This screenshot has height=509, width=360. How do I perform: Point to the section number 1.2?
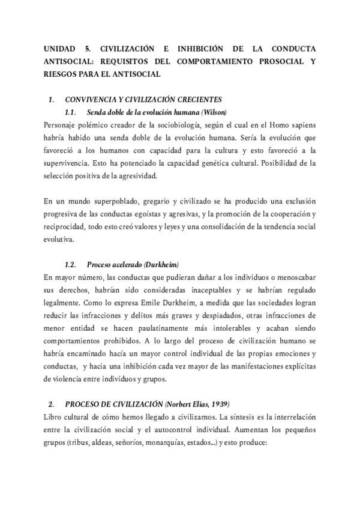(x=71, y=265)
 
